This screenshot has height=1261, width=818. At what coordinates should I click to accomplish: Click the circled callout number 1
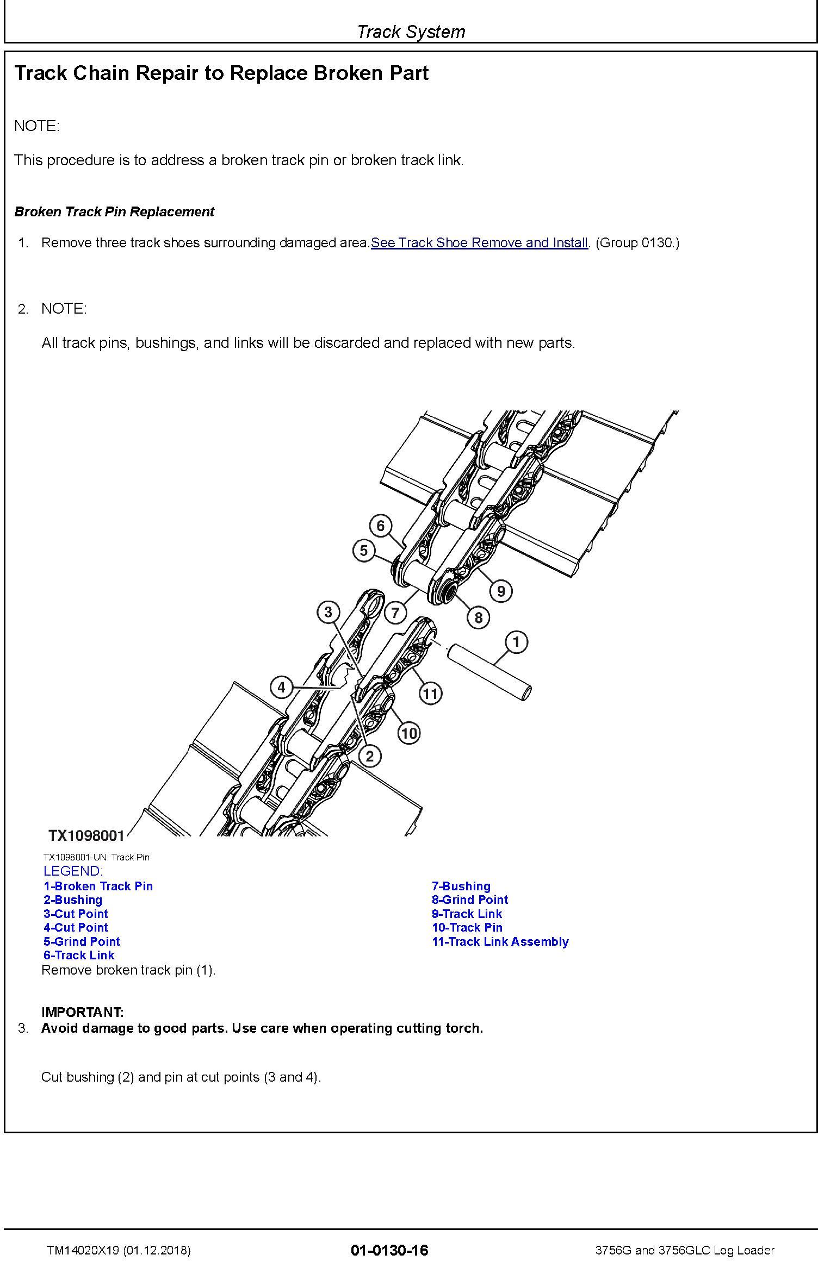point(516,641)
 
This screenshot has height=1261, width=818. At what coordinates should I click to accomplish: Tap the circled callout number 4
point(281,688)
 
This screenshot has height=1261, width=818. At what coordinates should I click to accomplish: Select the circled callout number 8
point(479,617)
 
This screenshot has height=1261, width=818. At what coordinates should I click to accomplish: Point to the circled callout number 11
point(430,693)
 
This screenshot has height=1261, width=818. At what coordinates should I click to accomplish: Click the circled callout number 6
point(381,526)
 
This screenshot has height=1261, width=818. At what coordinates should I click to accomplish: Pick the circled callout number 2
point(370,756)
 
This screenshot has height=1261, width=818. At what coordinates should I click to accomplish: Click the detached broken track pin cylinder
point(488,672)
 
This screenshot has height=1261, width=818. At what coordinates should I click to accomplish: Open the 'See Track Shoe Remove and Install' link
point(479,243)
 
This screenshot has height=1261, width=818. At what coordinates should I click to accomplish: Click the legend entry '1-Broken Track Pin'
point(98,887)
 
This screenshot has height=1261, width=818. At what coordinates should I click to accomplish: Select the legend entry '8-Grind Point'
point(470,900)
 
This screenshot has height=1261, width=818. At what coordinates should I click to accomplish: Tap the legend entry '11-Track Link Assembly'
point(500,942)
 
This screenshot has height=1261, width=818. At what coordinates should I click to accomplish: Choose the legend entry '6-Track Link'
point(79,956)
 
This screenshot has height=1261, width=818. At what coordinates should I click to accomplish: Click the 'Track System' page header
point(411,32)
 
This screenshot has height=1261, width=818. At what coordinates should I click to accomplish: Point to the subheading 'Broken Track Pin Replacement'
point(114,212)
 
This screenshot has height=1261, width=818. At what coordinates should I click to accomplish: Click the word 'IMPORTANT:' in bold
point(83,1012)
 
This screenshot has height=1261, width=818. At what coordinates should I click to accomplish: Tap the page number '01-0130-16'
point(389,1250)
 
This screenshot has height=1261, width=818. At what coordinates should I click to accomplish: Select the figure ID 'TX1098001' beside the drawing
point(86,835)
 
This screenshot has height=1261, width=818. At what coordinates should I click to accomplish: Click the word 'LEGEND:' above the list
point(73,871)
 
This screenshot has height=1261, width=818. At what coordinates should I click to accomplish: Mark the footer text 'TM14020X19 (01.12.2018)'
point(119,1250)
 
